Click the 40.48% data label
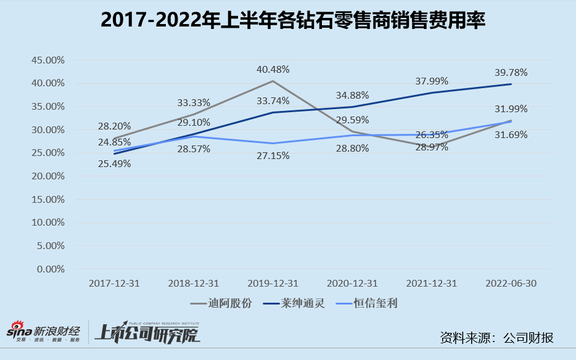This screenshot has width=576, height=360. (x=273, y=70)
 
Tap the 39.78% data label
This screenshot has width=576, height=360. (x=511, y=73)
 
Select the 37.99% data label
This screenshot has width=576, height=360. (x=432, y=81)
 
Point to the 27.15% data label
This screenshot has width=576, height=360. (x=273, y=157)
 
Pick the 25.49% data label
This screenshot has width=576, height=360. (x=114, y=164)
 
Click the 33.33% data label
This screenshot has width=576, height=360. (x=194, y=103)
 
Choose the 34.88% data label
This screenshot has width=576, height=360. (x=353, y=96)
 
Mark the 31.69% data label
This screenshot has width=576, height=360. (x=511, y=134)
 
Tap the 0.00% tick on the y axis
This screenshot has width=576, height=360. (x=51, y=269)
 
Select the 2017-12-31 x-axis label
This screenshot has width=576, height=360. (x=114, y=283)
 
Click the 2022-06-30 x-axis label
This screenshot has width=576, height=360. (x=511, y=283)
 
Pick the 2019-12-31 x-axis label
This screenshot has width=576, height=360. (x=273, y=283)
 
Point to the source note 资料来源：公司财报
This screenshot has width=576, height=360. (x=496, y=338)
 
